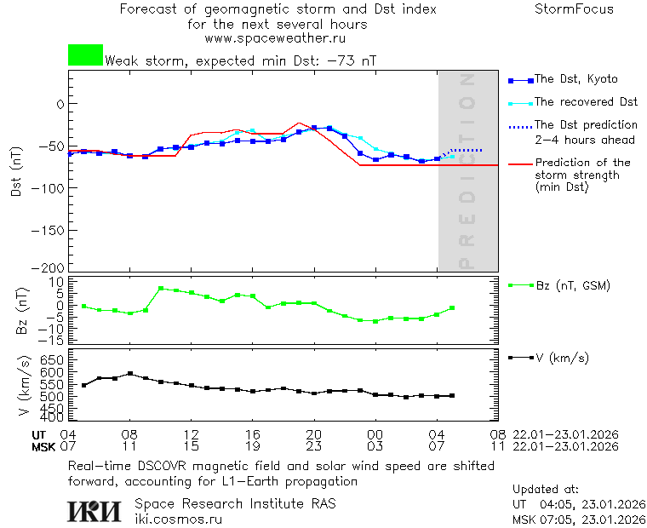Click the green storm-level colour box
tap(85, 55)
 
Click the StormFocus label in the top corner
tap(574, 9)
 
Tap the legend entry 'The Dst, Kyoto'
tap(575, 79)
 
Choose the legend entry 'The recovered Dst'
tap(586, 102)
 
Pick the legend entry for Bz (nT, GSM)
tap(572, 285)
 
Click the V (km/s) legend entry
tap(561, 358)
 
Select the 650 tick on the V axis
tap(53, 360)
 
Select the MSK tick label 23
tap(314, 446)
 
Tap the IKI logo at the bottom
tap(95, 510)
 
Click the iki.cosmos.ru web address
tap(178, 518)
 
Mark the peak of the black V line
tap(130, 373)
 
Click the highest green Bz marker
tap(161, 289)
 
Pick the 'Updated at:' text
tap(545, 490)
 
